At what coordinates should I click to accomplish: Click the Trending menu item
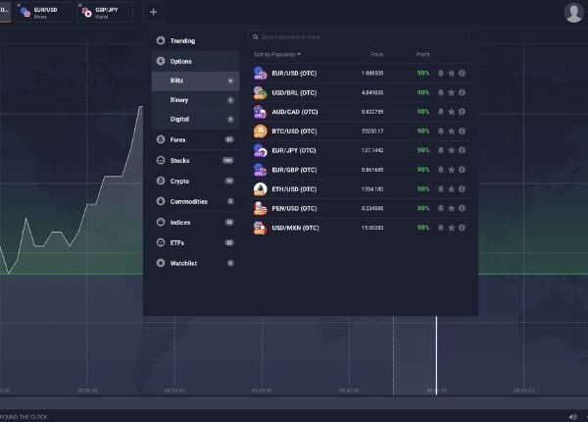click(182, 41)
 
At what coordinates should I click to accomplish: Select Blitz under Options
click(177, 80)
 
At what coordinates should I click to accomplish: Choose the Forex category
click(178, 140)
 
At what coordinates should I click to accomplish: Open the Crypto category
click(179, 181)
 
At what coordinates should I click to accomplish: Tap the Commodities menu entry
click(188, 201)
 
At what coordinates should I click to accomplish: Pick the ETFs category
click(177, 241)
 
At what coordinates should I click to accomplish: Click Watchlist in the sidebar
click(183, 262)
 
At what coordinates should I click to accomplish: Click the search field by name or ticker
click(359, 37)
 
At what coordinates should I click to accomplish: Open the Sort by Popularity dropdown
click(277, 54)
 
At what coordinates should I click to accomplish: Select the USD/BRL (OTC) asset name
click(294, 92)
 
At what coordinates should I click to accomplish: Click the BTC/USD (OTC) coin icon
click(260, 131)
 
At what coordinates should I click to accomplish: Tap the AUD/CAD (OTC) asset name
click(294, 112)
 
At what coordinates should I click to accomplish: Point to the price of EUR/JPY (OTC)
click(373, 150)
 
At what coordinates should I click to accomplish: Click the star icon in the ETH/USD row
click(451, 188)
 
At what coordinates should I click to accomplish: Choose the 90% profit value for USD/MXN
click(422, 228)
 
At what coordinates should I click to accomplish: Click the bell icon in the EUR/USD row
click(440, 73)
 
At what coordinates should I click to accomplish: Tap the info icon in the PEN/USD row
click(462, 208)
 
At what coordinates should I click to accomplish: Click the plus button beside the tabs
click(153, 12)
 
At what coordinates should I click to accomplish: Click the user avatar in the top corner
click(573, 12)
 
